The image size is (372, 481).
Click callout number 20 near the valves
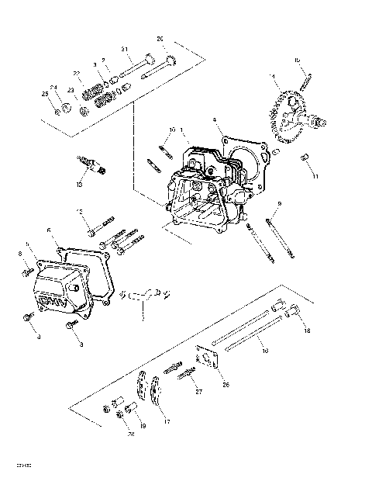coord(160,39)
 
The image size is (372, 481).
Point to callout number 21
coord(124,50)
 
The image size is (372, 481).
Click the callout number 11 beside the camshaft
coord(315,177)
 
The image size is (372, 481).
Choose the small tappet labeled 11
coord(305,159)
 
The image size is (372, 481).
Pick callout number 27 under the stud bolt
coord(198,393)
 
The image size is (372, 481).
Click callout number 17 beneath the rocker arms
coord(166,422)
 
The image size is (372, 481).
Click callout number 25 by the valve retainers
coord(46,95)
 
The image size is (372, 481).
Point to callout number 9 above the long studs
coord(279,203)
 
